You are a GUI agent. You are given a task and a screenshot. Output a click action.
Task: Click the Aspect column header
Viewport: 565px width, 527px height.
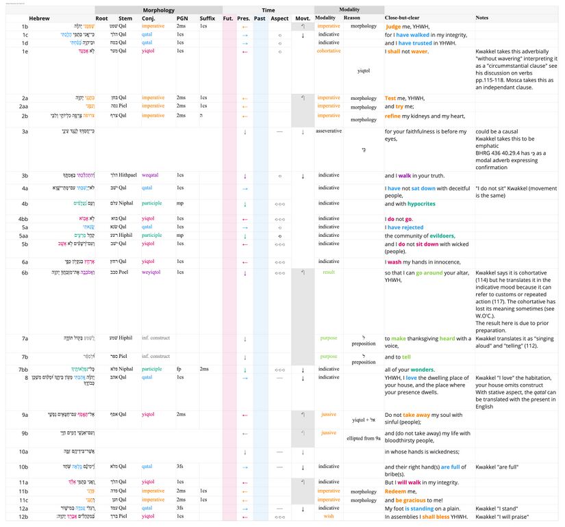(x=279, y=18)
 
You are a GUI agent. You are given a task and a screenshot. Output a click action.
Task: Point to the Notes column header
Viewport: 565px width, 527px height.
(x=482, y=18)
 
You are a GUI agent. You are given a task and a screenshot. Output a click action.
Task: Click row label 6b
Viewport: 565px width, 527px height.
(x=25, y=272)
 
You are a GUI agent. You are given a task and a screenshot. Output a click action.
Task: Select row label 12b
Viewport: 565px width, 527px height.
(x=24, y=517)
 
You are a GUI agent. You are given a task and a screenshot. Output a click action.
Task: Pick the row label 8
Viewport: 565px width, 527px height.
(x=25, y=377)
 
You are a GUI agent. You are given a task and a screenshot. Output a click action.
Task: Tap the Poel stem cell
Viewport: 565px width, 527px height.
(x=124, y=272)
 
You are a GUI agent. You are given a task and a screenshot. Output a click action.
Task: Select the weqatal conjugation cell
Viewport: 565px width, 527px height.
(x=153, y=176)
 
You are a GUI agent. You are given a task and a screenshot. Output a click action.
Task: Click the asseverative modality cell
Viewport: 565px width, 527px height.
(x=329, y=131)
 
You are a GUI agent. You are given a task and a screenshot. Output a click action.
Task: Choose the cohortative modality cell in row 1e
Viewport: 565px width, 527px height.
(x=329, y=51)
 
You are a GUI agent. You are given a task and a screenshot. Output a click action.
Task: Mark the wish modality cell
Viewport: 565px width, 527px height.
(x=329, y=517)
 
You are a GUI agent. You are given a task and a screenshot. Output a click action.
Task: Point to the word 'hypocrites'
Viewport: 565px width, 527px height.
(x=425, y=203)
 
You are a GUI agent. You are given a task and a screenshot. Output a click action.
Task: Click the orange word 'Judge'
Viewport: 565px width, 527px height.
(x=394, y=27)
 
